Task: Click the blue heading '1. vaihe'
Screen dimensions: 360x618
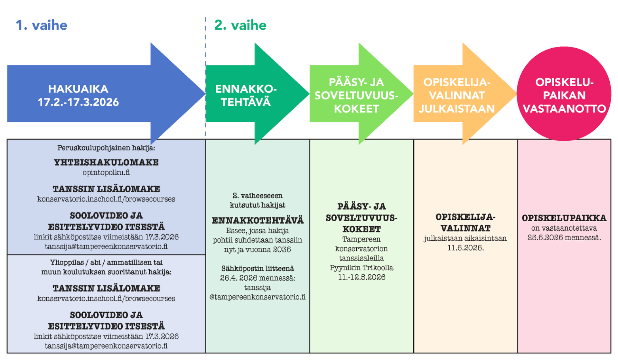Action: [42, 25]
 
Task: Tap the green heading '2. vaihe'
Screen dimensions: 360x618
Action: [240, 25]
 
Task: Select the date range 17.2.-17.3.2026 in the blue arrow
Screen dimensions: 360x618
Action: [78, 102]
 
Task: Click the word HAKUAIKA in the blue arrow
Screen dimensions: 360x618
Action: [78, 89]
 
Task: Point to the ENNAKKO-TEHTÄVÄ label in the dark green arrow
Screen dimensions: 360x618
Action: [246, 95]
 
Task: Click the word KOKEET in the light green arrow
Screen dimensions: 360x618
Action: [356, 109]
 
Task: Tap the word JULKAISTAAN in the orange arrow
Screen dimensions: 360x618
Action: [456, 109]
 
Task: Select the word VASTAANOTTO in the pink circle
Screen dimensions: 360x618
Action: [564, 109]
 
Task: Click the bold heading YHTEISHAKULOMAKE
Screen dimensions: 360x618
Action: [106, 162]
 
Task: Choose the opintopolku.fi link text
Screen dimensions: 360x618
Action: [106, 172]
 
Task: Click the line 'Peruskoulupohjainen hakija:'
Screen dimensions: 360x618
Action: [106, 148]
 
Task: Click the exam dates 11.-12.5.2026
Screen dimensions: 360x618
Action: [361, 277]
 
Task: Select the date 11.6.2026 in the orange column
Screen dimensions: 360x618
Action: [465, 248]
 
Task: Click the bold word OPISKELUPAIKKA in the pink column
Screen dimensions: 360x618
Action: [564, 218]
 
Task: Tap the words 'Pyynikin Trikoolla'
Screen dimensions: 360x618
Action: [361, 268]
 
